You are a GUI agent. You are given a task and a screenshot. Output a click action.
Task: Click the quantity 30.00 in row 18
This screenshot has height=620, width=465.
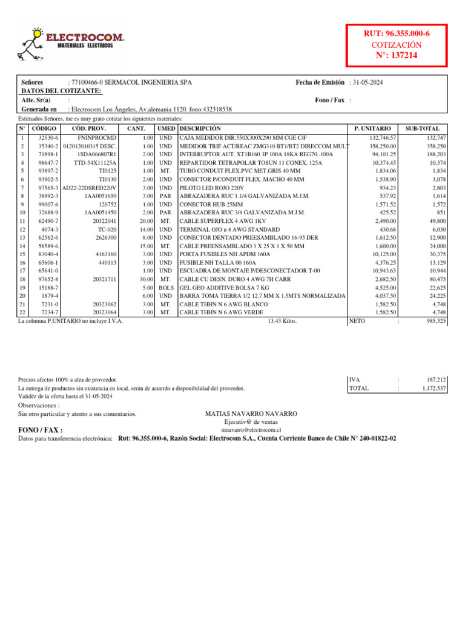143,279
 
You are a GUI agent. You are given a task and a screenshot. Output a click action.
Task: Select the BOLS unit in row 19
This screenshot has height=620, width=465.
167,288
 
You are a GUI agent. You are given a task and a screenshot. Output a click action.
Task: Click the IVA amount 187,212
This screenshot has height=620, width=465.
435,379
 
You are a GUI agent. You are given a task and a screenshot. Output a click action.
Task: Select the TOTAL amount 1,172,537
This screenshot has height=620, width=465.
434,388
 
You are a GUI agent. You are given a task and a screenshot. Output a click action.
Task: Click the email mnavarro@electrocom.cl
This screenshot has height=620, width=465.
251,429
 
